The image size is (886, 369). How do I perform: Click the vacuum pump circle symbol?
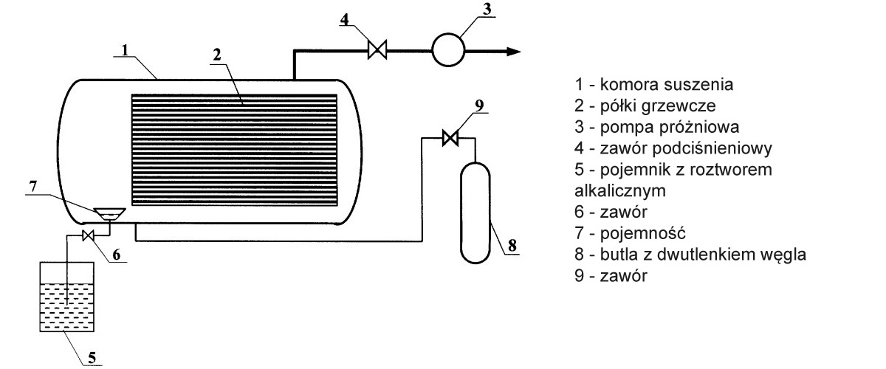[447, 50]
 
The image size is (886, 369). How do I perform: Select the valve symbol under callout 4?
[377, 51]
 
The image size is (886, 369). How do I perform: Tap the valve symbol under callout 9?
[449, 137]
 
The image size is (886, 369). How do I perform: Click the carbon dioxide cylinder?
[476, 213]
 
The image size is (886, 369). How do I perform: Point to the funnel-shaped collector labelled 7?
[109, 214]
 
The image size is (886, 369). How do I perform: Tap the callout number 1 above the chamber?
[126, 51]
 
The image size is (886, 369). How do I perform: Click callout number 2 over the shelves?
[217, 55]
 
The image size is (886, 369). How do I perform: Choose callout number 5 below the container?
[92, 359]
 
